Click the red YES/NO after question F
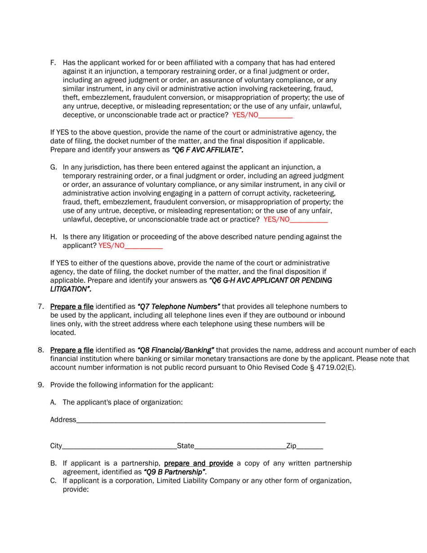pos(245,115)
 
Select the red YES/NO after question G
pos(276,219)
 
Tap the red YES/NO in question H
pos(111,245)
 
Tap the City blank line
pos(119,447)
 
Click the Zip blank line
pos(310,447)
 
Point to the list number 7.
pos(40,307)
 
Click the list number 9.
pos(40,385)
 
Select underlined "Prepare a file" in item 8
pos(72,350)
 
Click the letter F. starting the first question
pos(53,62)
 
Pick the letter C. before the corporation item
pos(53,481)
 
